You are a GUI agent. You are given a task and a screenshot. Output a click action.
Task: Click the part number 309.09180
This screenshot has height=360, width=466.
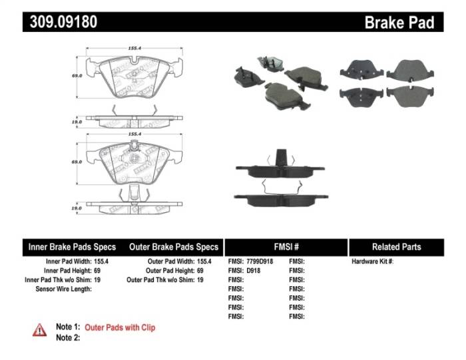click(63, 22)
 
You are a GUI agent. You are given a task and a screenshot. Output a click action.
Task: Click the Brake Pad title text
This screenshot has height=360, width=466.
click(399, 23)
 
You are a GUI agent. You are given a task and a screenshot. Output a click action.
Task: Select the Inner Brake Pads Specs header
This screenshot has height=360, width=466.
click(72, 247)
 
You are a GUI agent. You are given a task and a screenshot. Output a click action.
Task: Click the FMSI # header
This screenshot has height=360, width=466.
click(286, 247)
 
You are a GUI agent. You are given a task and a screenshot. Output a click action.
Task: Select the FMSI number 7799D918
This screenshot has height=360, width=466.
click(260, 262)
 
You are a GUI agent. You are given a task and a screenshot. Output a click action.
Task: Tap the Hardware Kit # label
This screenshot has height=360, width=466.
click(372, 262)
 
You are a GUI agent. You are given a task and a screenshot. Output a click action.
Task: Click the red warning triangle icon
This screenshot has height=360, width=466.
click(40, 329)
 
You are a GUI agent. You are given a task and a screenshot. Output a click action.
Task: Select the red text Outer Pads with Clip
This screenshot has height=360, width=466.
click(120, 327)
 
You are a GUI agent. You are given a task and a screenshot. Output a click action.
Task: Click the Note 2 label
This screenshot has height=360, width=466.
click(68, 338)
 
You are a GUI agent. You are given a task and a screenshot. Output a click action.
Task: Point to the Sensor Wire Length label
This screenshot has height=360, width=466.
click(63, 289)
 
